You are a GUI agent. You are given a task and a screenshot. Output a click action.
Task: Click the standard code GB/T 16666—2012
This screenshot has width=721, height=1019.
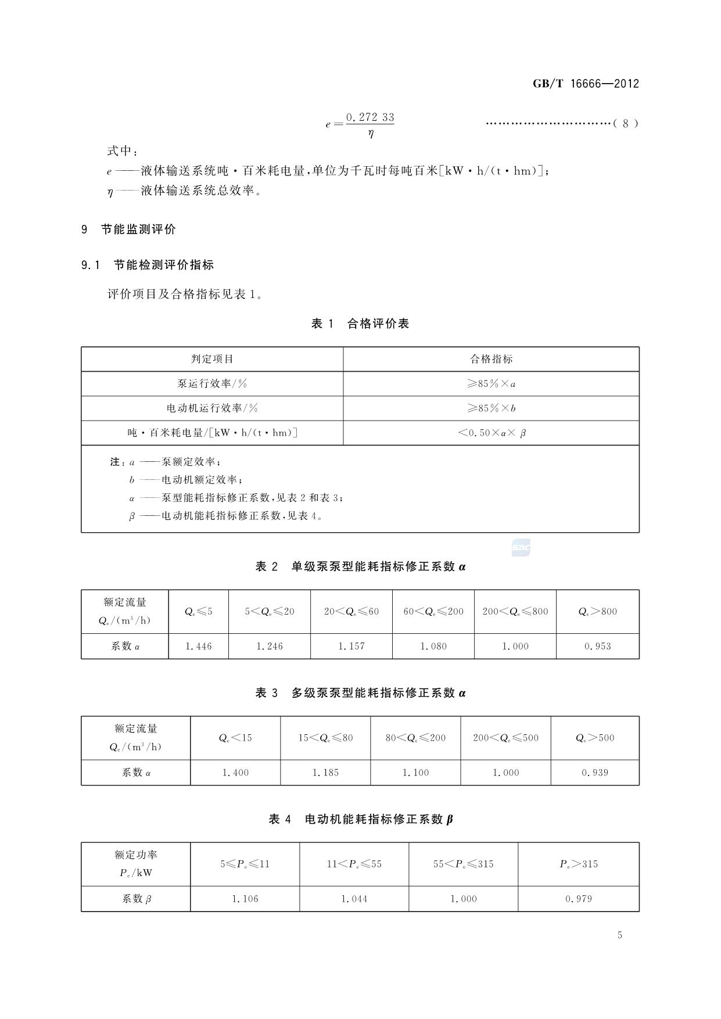[x=586, y=84]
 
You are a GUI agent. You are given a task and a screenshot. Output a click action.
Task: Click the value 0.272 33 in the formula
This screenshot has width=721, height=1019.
[x=370, y=117]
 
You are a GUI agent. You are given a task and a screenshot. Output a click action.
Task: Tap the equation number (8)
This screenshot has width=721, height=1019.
[x=626, y=123]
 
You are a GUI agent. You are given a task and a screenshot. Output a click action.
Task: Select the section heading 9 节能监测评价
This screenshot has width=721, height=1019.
[x=128, y=229]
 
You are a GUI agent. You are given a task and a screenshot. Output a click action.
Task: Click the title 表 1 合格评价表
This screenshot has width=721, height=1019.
[x=360, y=324]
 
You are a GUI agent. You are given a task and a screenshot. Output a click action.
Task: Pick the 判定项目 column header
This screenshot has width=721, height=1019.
[x=212, y=359]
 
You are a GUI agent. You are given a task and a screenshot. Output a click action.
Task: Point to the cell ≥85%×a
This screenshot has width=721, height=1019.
[x=491, y=384]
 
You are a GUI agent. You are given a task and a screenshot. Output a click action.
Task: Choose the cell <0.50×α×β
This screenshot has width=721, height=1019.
[x=492, y=433]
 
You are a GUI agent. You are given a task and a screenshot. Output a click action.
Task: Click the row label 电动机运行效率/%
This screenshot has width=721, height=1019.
[x=212, y=408]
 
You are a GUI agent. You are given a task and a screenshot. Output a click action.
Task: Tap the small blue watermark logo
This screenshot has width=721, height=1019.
[x=521, y=547]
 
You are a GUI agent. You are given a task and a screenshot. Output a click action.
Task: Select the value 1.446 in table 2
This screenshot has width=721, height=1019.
[x=199, y=646]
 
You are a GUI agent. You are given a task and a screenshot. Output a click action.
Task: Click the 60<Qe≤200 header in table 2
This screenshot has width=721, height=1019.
[x=433, y=611]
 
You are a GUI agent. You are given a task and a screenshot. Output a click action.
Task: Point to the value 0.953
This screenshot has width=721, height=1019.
[x=597, y=646]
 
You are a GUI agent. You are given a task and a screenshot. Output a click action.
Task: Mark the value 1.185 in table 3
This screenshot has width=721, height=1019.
[x=325, y=773]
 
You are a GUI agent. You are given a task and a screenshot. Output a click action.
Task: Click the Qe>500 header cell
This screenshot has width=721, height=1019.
[x=595, y=738]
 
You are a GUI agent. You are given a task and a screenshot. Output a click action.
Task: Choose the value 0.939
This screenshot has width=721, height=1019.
[x=595, y=773]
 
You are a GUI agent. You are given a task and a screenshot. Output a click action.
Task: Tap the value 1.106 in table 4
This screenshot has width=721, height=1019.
[x=245, y=899]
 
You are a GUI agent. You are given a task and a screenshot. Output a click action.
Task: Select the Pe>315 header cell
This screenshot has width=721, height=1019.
[x=579, y=864]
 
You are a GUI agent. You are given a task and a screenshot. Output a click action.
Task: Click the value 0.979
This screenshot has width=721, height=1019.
[x=579, y=899]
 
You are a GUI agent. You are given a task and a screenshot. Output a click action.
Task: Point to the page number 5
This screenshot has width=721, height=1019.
[x=620, y=935]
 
